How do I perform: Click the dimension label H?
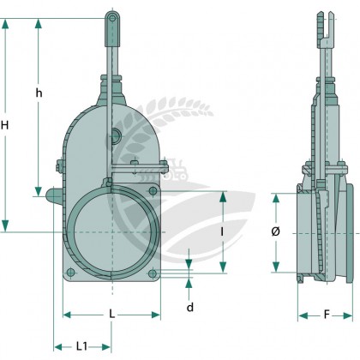pos(4,125)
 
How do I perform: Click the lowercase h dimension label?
pos(39,93)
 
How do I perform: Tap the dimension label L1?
pos(81,346)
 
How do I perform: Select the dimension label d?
pos(190,308)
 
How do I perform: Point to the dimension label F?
pos(327,315)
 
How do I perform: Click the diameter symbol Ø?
pos(275,231)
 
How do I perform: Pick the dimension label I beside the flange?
pos(222,232)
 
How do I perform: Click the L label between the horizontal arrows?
pos(112,315)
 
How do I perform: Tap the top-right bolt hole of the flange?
pos(153,190)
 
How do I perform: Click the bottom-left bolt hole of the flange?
pos(70,273)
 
